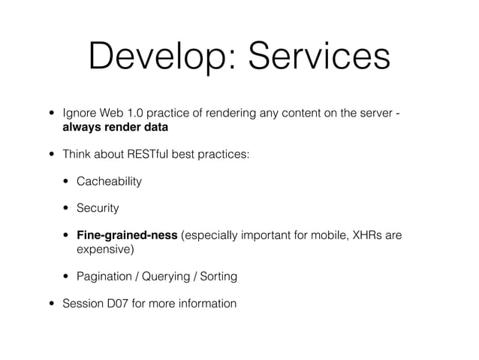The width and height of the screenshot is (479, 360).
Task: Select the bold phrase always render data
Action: click(116, 126)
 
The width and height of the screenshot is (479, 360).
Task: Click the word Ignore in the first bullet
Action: click(80, 113)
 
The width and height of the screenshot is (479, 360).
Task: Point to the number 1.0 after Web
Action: click(137, 113)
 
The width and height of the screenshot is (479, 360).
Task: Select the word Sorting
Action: click(219, 277)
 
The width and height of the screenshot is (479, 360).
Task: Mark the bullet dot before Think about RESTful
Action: click(52, 154)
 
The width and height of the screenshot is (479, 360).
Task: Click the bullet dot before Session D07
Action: click(52, 304)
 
